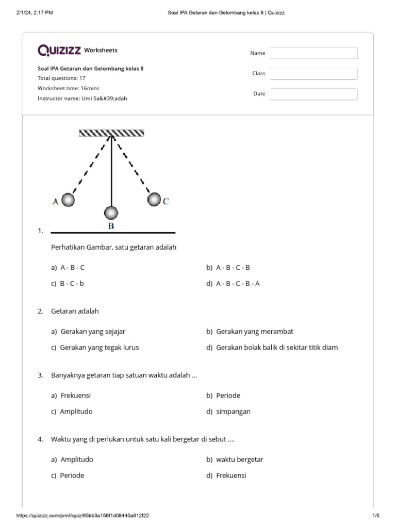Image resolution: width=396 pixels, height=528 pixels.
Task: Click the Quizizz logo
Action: (x=59, y=50)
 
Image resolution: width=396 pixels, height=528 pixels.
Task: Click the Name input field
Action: (x=313, y=53)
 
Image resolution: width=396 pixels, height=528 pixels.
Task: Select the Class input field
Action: (x=313, y=74)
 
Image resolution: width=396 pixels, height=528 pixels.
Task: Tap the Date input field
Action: (x=313, y=94)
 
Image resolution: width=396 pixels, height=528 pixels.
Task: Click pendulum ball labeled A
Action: (x=68, y=200)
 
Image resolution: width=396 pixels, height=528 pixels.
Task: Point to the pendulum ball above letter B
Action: (x=111, y=212)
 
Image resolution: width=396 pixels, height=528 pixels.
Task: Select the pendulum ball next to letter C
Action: (x=154, y=199)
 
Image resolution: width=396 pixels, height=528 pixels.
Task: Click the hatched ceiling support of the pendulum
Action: (x=111, y=133)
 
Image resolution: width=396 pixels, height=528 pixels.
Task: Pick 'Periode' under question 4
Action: (x=72, y=475)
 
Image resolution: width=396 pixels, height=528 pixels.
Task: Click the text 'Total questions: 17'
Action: (x=61, y=78)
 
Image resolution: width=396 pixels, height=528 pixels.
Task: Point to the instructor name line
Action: (x=82, y=98)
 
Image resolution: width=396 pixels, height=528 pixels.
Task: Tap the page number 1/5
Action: (x=375, y=516)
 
